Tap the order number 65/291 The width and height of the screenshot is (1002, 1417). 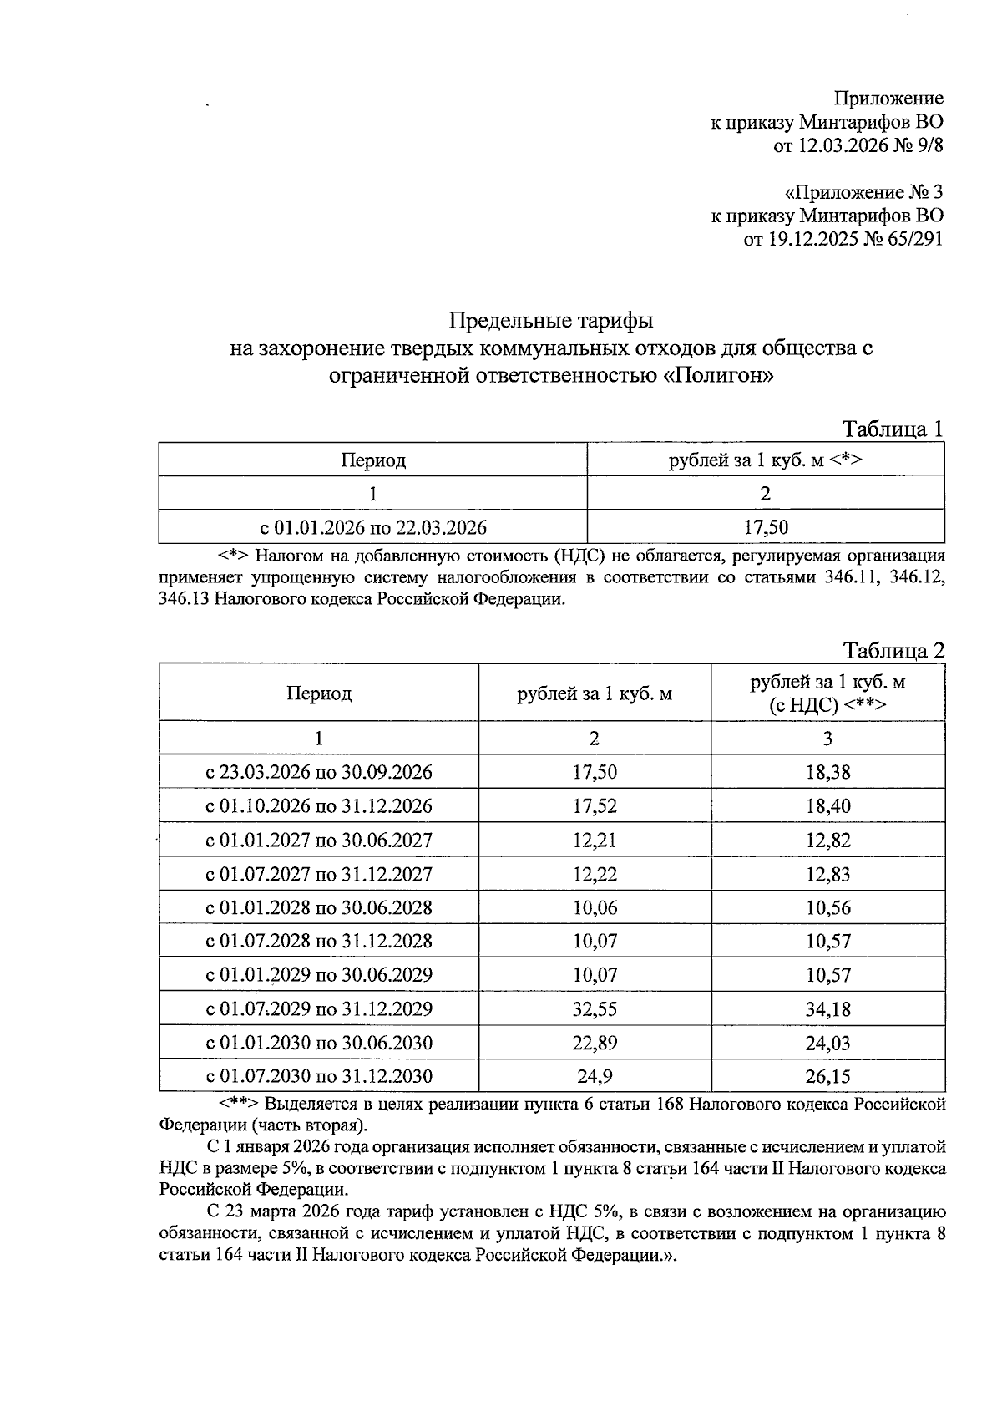(909, 239)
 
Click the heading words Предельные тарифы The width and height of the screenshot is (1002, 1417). (550, 320)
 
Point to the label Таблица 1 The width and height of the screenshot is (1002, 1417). (893, 429)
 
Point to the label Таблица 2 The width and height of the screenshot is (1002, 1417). (893, 650)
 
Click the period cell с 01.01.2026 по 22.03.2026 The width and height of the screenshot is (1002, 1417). (372, 527)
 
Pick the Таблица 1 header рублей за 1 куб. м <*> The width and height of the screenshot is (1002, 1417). (765, 460)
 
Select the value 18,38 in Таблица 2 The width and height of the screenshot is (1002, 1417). (827, 772)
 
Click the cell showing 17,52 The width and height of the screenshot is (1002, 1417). (595, 806)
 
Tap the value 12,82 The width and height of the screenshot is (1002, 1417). (827, 841)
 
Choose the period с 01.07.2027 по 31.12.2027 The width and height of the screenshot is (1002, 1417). (319, 874)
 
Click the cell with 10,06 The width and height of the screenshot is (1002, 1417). (595, 908)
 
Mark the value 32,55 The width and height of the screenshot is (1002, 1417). (595, 1009)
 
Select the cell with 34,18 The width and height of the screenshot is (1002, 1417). (827, 1009)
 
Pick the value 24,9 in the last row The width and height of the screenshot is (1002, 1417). (595, 1077)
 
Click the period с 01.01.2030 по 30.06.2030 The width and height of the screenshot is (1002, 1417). (319, 1043)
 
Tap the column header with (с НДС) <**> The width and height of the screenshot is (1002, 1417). (827, 693)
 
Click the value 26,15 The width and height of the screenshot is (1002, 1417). (827, 1077)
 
